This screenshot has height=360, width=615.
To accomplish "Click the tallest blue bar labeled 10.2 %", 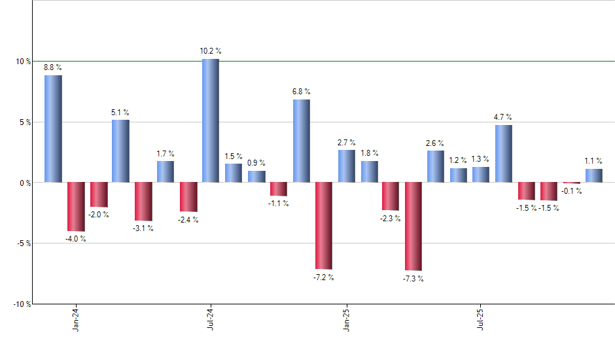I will [x=211, y=120].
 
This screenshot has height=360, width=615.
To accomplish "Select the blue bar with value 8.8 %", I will [x=53, y=128].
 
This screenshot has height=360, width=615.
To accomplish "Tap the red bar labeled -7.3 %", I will [x=413, y=226].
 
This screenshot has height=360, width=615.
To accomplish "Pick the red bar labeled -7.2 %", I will [x=323, y=225].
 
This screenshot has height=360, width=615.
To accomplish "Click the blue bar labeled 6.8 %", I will [x=301, y=141].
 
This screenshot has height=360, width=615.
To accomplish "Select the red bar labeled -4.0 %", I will [x=76, y=206].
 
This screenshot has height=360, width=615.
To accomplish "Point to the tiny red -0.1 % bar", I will [x=571, y=183].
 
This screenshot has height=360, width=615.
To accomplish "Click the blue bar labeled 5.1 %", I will [x=120, y=151].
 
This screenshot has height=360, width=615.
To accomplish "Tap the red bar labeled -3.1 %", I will [x=143, y=201].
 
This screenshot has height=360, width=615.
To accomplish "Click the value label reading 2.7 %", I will [x=347, y=142].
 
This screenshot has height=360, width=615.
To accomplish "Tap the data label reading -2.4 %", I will [x=188, y=220].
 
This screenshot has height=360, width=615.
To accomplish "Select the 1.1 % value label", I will [x=594, y=160].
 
